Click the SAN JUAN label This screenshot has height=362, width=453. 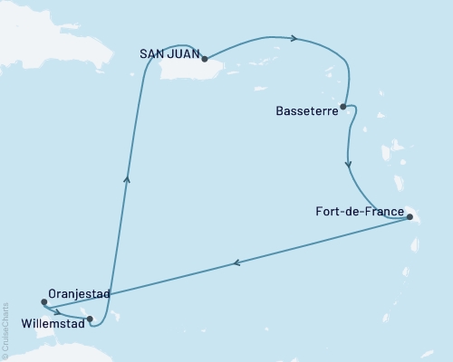pos(169,52)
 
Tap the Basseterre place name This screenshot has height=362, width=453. pos(305,111)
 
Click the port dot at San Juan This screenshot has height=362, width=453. pos(205,59)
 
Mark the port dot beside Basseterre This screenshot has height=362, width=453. pos(342,106)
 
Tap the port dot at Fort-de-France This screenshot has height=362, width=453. pos(410,217)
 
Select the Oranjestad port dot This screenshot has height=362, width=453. pos(43,302)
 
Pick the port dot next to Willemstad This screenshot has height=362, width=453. pos(89,318)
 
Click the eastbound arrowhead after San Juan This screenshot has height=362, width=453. pos(294,38)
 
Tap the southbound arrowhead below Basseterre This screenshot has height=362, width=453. pos(349,165)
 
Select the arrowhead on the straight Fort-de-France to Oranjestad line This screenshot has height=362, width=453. pos(237,262)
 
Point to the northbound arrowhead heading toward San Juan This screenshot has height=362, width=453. pos(127,178)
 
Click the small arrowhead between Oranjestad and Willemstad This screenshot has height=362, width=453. pos(57,312)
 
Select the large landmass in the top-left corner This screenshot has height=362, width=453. pos(45,27)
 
